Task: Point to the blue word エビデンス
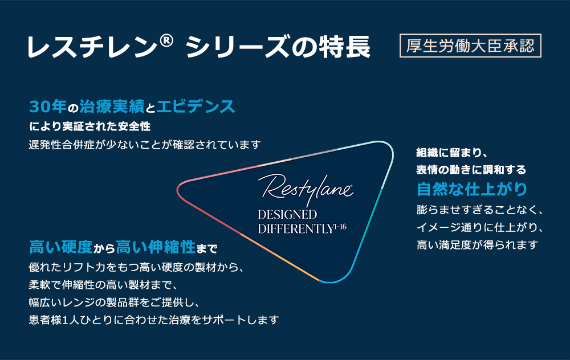pos(196,107)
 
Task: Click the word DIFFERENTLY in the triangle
pos(295,229)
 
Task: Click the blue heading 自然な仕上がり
pos(471,188)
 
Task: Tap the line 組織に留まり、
pos(450,153)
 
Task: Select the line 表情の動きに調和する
pos(471,170)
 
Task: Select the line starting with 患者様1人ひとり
pos(153,320)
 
